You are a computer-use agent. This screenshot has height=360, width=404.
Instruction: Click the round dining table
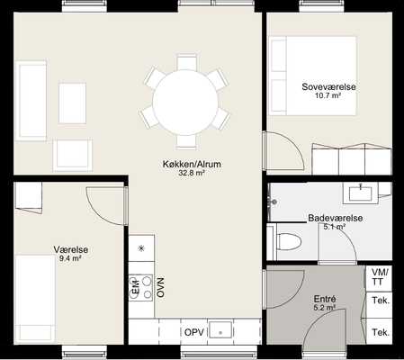(x=185, y=102)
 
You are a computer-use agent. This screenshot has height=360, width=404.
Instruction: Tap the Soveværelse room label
(x=328, y=87)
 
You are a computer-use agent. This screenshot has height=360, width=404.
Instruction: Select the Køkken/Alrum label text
(x=192, y=164)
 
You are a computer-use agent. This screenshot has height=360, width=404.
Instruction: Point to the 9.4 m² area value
(x=70, y=258)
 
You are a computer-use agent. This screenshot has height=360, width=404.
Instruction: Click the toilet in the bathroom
(x=289, y=241)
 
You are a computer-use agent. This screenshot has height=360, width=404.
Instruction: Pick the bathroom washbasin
(x=360, y=193)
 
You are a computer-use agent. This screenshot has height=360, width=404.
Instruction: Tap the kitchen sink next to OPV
(x=220, y=329)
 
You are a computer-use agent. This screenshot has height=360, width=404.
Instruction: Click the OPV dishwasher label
(x=194, y=332)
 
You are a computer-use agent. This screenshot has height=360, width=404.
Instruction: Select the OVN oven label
(x=161, y=288)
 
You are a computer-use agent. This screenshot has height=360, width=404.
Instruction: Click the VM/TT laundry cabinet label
(x=379, y=277)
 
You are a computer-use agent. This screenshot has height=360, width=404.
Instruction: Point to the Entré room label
(x=325, y=299)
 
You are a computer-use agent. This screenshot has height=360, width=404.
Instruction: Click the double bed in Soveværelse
(x=312, y=76)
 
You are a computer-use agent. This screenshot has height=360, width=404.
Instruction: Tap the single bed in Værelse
(x=35, y=299)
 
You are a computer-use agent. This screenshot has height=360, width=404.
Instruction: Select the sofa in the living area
(x=31, y=101)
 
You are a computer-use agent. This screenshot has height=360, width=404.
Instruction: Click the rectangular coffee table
(x=72, y=103)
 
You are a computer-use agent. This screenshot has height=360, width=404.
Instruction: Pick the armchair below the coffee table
(x=73, y=156)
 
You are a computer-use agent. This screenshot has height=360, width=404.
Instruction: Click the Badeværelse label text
(x=336, y=218)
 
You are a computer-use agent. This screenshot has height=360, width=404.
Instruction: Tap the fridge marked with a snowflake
(x=141, y=248)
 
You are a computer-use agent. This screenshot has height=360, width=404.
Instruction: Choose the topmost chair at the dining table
(x=186, y=62)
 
